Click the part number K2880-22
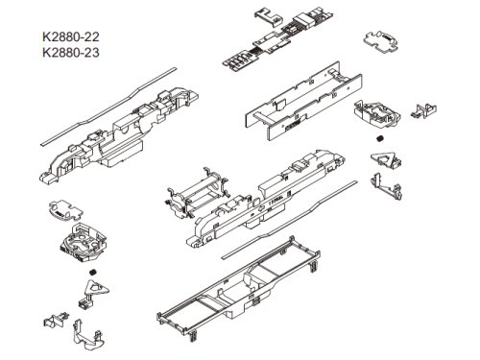point(71,36)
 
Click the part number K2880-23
point(71,53)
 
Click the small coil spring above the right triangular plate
point(380,139)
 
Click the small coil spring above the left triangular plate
point(93,272)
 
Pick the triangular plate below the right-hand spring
point(385,159)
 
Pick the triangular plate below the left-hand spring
point(96,288)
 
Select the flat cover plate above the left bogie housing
point(65,210)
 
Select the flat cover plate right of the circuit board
point(381,41)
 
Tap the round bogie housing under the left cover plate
point(83,242)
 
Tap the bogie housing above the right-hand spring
point(377,114)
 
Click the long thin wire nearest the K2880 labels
point(108,108)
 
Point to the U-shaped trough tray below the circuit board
point(304,102)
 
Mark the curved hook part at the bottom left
point(88,335)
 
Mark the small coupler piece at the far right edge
point(423,110)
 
